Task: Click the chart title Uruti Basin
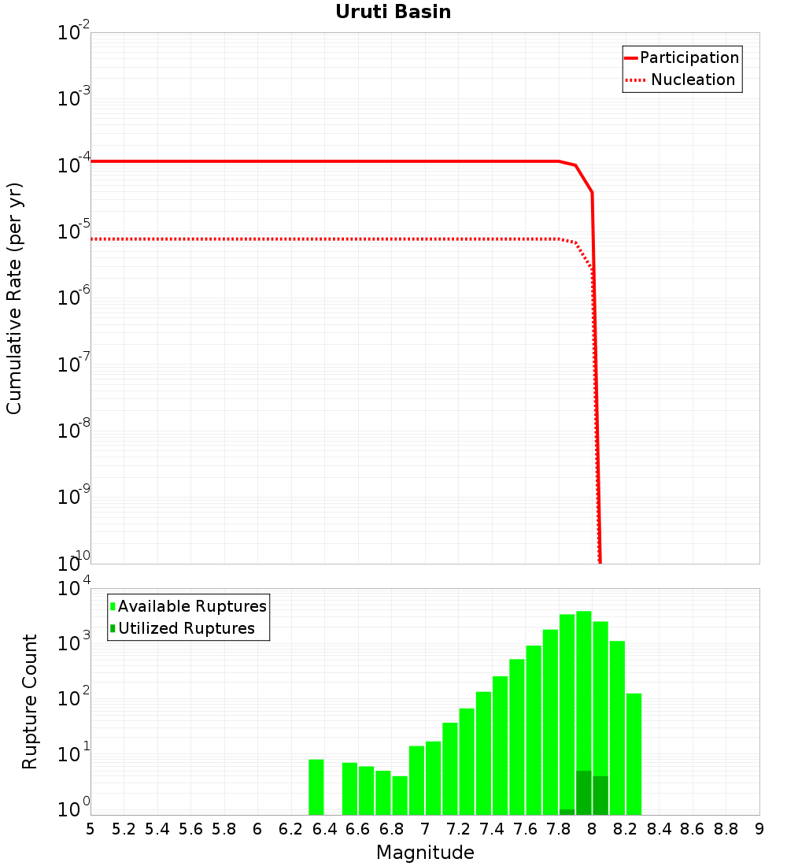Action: [393, 12]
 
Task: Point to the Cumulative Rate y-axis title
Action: [14, 298]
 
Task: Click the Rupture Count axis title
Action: [30, 701]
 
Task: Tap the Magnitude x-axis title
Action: [425, 853]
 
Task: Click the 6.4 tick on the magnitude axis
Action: [324, 829]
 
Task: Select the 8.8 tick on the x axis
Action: [726, 829]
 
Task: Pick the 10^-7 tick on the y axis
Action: [73, 365]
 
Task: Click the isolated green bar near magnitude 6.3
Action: [316, 787]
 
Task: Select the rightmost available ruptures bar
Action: [634, 754]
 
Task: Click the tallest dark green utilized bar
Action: [584, 793]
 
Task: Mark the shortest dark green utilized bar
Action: [567, 812]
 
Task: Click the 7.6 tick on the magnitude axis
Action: [525, 829]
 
